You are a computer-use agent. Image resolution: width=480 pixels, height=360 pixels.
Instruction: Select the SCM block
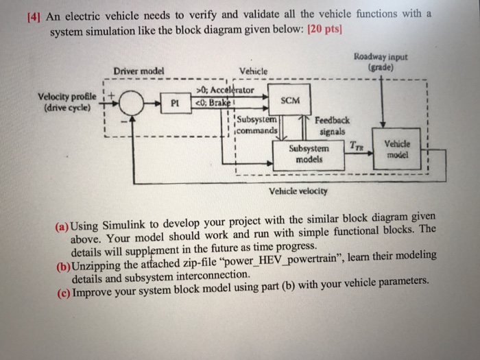point(290,100)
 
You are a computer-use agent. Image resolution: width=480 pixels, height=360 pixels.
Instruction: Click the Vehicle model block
point(397,149)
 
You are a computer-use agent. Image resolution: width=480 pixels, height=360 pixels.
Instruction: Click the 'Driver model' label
point(139,70)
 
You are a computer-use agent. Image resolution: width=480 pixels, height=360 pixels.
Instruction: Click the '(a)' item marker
point(63,225)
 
